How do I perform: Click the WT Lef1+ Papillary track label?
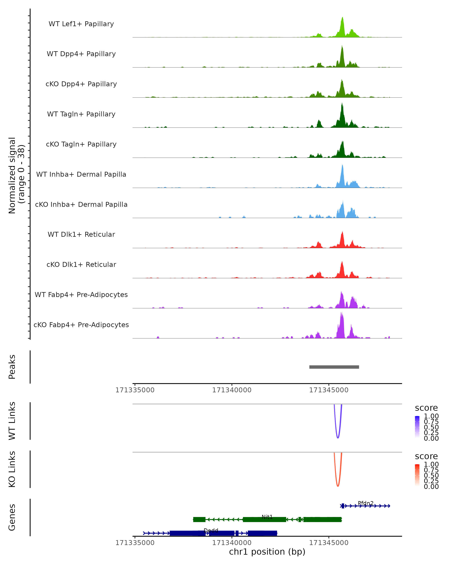pyautogui.click(x=81, y=24)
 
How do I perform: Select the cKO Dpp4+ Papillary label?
pyautogui.click(x=81, y=84)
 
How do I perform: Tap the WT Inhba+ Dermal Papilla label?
pyautogui.click(x=81, y=174)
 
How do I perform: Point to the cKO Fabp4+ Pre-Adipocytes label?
pyautogui.click(x=81, y=325)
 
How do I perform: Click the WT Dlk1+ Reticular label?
pyautogui.click(x=81, y=234)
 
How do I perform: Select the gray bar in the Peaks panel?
pyautogui.click(x=334, y=367)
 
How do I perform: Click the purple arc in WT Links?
pyautogui.click(x=338, y=437)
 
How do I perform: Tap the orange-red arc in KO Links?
pyautogui.click(x=338, y=485)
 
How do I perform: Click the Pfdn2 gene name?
pyautogui.click(x=366, y=503)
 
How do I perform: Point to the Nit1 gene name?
pyautogui.click(x=267, y=517)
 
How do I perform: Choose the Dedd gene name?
pyautogui.click(x=211, y=530)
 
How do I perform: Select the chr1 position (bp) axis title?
pyautogui.click(x=267, y=552)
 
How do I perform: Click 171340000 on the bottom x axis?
pyautogui.click(x=232, y=542)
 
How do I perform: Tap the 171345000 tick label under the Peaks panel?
pyautogui.click(x=329, y=390)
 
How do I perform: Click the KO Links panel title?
pyautogui.click(x=12, y=469)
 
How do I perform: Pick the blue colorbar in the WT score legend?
pyautogui.click(x=417, y=427)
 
